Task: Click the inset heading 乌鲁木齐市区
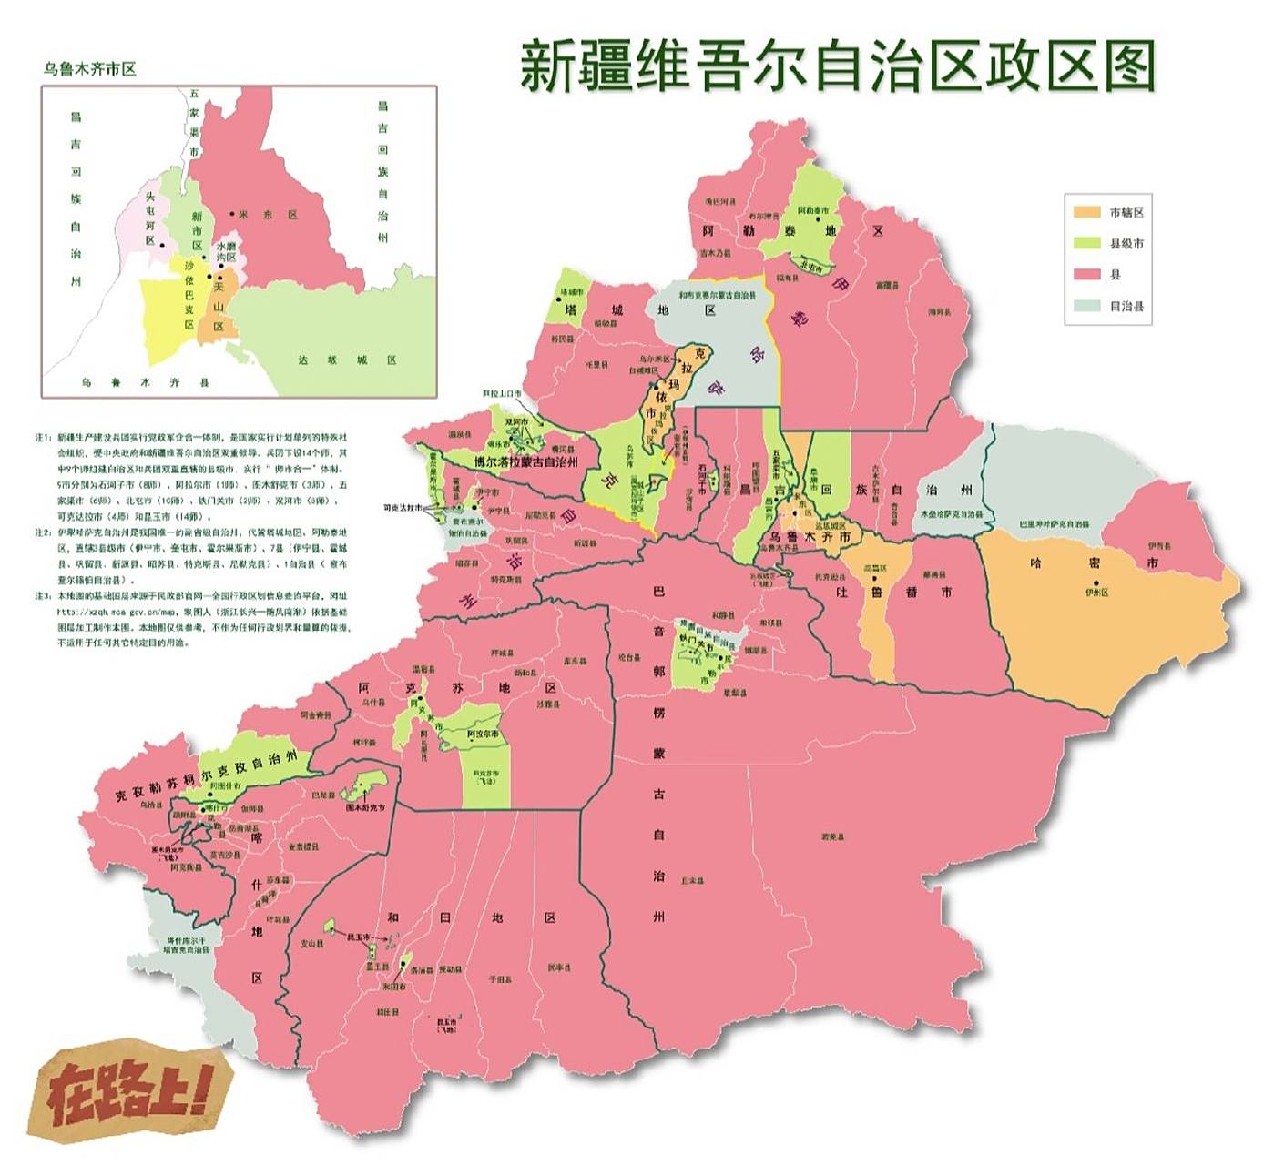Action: tap(90, 69)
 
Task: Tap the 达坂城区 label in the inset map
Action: tap(347, 360)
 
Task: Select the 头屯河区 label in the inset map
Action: tap(150, 219)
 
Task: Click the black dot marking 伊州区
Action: tap(1096, 582)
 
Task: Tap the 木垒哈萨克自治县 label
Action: tap(951, 513)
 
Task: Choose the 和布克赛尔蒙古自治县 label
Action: tap(717, 296)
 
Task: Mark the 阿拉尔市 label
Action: tap(483, 734)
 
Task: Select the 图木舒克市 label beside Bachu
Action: tap(365, 807)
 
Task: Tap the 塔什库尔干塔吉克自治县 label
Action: tap(186, 944)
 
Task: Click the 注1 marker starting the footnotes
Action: tap(42, 438)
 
